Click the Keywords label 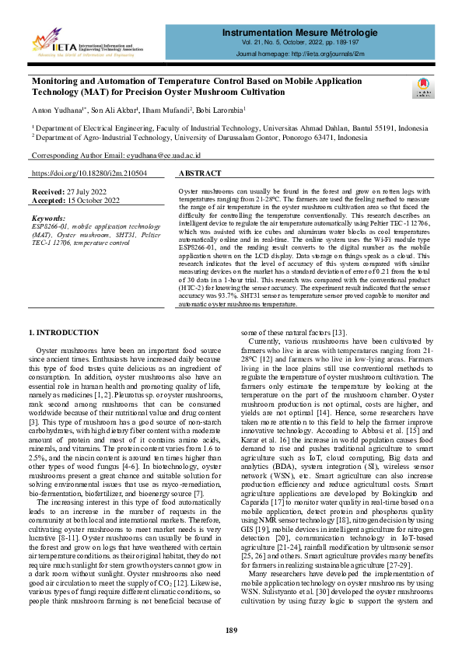[49, 219]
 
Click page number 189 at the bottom [231, 630]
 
